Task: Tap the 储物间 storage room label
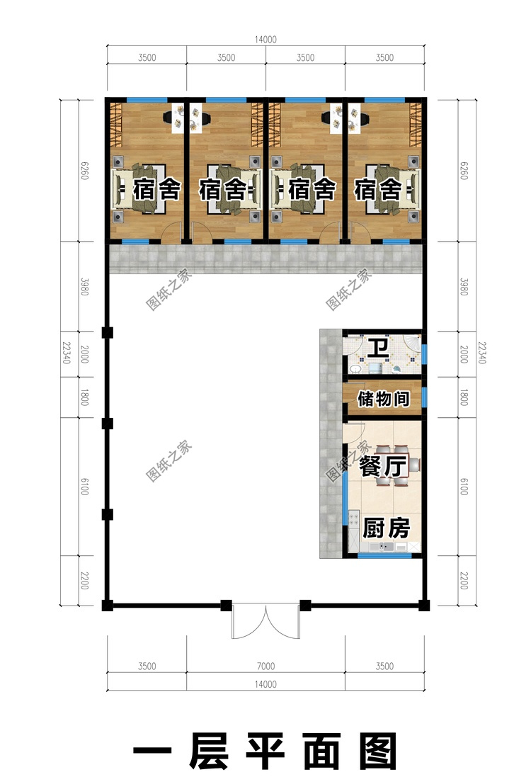point(384,398)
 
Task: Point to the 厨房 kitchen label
point(387,528)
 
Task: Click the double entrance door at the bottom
point(266,621)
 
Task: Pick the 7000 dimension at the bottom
point(266,666)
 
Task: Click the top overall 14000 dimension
point(266,40)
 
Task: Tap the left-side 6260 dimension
point(84,171)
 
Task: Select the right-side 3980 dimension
point(464,287)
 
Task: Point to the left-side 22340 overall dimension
point(66,352)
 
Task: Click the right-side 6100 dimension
point(464,487)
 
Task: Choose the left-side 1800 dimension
point(84,397)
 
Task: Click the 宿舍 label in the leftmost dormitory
point(156,189)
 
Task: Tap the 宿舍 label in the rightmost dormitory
point(377,189)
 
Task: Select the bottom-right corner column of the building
point(424,605)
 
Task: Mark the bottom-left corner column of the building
point(108,605)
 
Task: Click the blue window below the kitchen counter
point(385,555)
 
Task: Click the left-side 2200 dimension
point(84,580)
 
